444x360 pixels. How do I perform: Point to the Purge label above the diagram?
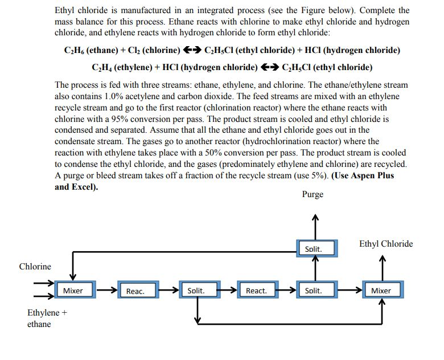tap(313, 194)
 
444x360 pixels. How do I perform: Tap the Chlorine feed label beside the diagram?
tap(35, 267)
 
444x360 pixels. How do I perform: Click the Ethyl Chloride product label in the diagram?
tap(386, 244)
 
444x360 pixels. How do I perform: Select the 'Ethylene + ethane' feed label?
tap(47, 318)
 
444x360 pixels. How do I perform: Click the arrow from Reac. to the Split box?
tap(168, 290)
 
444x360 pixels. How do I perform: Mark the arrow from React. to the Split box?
tap(287, 290)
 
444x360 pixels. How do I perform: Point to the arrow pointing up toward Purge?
tap(315, 227)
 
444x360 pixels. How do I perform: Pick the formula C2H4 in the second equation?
tap(102, 67)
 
